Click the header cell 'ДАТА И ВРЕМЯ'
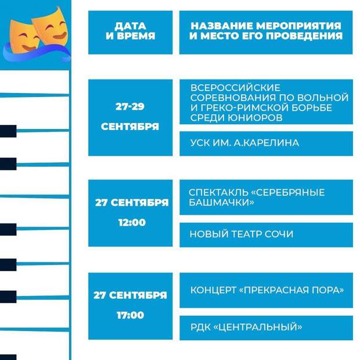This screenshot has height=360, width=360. point(131,33)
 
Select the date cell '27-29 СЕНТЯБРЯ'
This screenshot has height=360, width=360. point(131,117)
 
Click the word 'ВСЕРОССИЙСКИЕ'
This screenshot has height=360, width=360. point(235,88)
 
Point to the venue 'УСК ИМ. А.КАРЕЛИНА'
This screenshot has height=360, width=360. point(245,143)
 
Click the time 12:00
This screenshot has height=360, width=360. point(132,222)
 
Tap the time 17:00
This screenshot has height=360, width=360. point(131,315)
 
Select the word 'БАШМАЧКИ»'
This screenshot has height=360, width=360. point(221,202)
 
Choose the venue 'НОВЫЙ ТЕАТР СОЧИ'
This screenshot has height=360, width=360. point(242,234)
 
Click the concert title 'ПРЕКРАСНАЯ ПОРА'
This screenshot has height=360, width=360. point(291,290)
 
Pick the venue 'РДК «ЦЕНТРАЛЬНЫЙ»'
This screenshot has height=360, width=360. point(246,327)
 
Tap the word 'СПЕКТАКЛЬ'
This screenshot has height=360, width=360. point(218,192)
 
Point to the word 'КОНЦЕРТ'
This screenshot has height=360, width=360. point(213,290)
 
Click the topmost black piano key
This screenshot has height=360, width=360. point(8,131)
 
